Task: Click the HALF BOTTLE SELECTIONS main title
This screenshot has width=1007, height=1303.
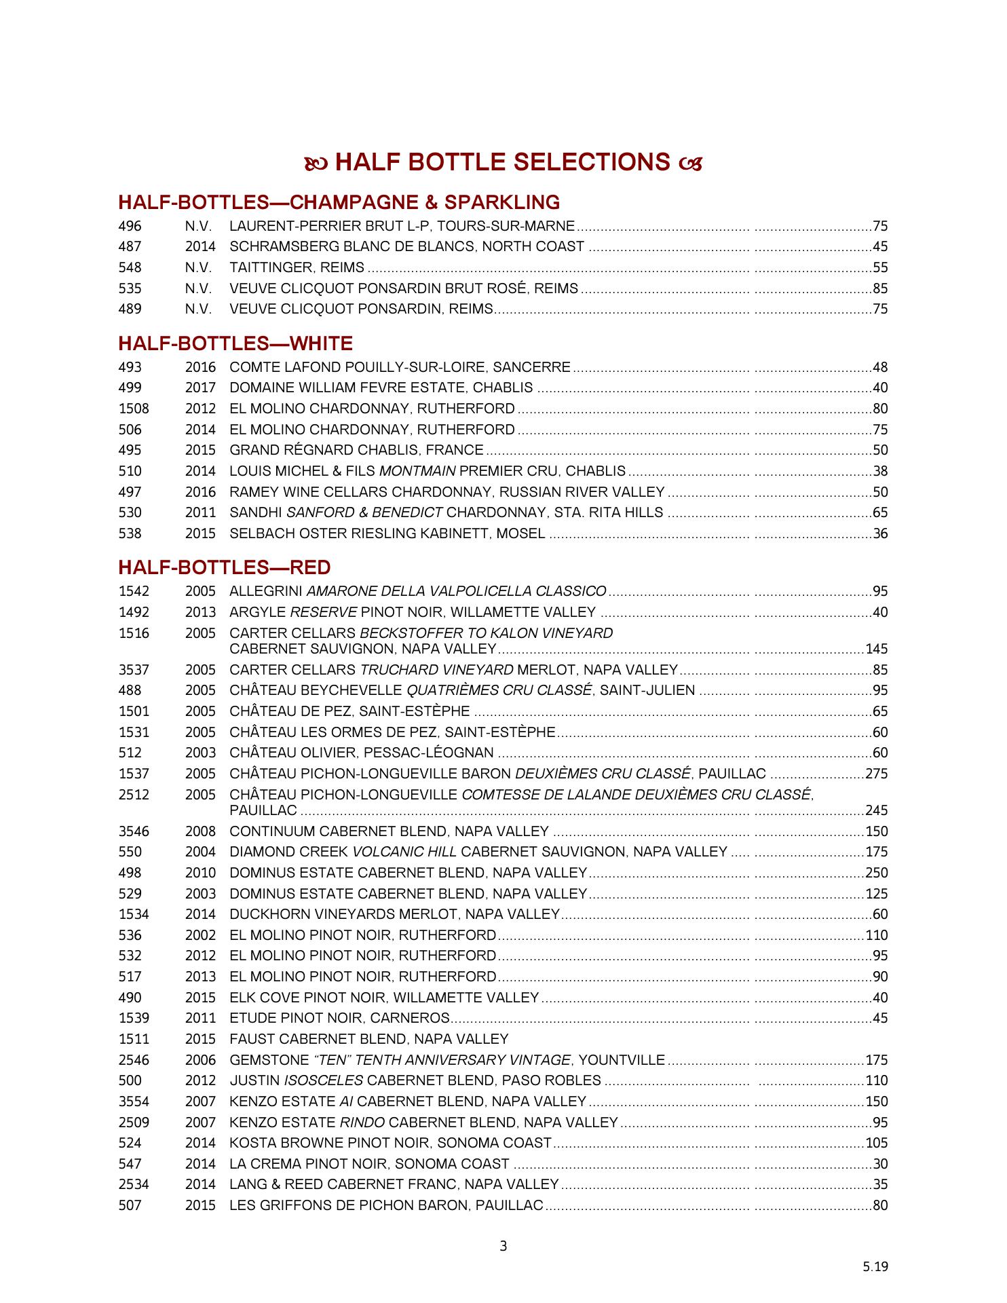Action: [x=503, y=163]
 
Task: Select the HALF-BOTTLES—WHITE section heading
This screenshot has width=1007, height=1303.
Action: [x=235, y=343]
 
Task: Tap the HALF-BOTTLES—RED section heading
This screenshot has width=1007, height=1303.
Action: [x=225, y=567]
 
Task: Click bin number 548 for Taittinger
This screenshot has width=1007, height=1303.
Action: [x=130, y=268]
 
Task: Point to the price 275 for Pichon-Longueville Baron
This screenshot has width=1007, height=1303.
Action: [x=877, y=774]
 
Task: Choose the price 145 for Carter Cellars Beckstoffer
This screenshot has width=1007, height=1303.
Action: [x=877, y=649]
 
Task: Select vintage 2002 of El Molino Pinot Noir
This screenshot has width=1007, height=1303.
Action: [x=200, y=936]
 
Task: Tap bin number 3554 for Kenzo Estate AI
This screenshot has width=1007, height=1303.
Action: [x=134, y=1102]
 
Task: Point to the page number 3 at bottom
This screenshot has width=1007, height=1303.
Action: [x=503, y=1246]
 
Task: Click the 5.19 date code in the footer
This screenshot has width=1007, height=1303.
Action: [x=875, y=1266]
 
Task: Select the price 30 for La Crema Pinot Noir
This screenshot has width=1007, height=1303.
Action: [x=880, y=1165]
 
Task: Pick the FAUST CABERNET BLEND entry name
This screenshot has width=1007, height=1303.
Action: [x=368, y=1040]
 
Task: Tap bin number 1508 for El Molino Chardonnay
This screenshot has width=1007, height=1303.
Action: [x=134, y=409]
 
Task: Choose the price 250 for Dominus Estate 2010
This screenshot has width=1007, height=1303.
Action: [x=877, y=873]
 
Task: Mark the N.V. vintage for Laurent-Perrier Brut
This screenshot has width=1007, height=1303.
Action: [x=198, y=227]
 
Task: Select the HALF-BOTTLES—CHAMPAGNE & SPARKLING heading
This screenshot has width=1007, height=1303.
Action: [x=339, y=203]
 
